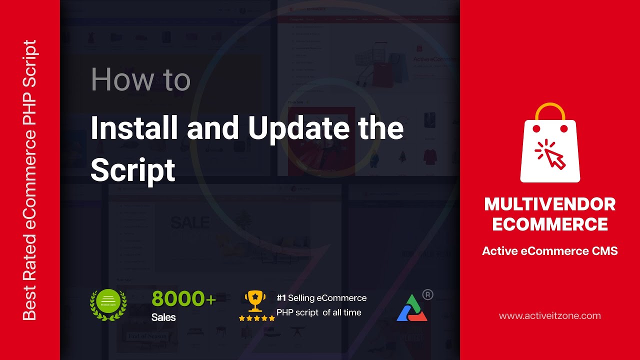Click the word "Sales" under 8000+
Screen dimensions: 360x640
[x=163, y=317]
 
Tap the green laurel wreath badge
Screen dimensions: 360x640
[x=108, y=305]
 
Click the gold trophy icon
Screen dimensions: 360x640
[x=255, y=301]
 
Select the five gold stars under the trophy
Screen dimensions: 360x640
[x=256, y=318]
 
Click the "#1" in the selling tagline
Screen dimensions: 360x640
[x=281, y=298]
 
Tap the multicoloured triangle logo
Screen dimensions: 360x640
[x=411, y=308]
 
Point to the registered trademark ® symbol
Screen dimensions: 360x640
[x=427, y=294]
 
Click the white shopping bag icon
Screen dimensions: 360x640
[x=550, y=150]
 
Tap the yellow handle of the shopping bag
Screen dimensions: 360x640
[x=550, y=111]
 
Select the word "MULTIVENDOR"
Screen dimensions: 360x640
[x=550, y=204]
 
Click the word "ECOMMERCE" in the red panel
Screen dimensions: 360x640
[x=550, y=224]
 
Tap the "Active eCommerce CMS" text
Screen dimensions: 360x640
[x=550, y=251]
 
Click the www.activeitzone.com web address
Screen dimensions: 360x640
[x=550, y=316]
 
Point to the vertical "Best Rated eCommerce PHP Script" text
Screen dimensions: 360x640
[x=30, y=180]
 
